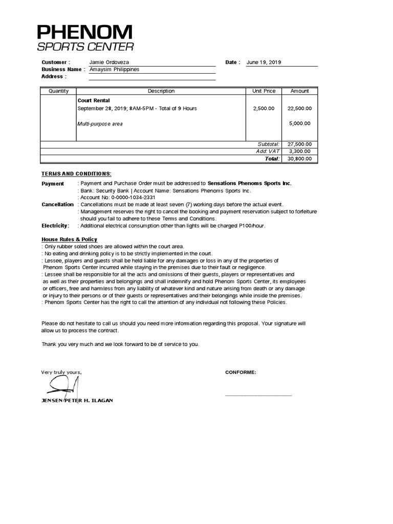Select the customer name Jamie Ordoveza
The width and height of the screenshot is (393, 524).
click(x=109, y=62)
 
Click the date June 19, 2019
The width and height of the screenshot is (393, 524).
click(x=264, y=62)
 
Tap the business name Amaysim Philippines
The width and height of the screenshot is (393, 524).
click(x=114, y=70)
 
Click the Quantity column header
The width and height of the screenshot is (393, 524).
click(x=58, y=91)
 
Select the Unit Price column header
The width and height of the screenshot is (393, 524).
click(x=264, y=91)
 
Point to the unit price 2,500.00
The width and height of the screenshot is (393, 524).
click(x=264, y=108)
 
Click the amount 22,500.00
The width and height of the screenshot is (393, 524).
click(x=299, y=108)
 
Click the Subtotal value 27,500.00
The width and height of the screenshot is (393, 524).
click(x=300, y=145)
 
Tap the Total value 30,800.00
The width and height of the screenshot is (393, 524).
click(x=300, y=159)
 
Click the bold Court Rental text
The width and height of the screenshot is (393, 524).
click(x=93, y=101)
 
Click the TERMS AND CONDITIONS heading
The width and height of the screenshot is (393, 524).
click(x=76, y=173)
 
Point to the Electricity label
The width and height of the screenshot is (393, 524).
click(x=55, y=226)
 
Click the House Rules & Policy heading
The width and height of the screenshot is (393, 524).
click(x=69, y=239)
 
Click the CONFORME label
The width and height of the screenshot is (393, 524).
click(x=241, y=372)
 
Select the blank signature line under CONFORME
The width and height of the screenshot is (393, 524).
click(x=258, y=395)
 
